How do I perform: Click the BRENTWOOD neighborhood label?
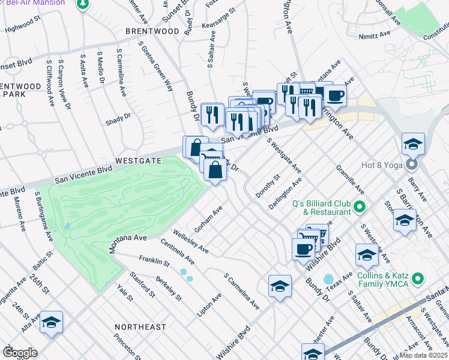[152, 31]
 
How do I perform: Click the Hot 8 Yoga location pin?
[412, 164]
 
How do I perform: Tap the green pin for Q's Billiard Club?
[360, 208]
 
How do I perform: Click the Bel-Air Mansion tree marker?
[83, 5]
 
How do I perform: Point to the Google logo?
[20, 353]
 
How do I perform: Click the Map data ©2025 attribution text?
[424, 355]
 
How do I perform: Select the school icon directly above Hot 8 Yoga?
[414, 144]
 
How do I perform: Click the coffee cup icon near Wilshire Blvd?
[303, 248]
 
